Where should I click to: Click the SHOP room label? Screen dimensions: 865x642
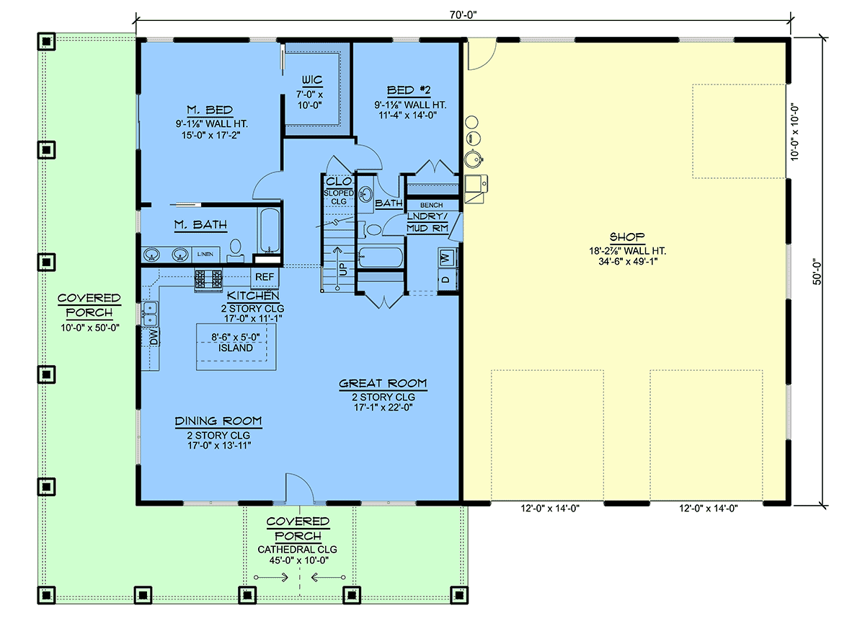point(626,237)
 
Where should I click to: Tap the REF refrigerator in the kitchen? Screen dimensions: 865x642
point(265,277)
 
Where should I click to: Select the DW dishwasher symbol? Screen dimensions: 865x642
point(154,336)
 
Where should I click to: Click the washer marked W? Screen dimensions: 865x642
point(446,258)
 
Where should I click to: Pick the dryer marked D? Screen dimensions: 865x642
point(446,279)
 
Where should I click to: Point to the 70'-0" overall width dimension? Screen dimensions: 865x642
point(463,15)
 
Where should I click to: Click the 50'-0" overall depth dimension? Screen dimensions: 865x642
point(817,273)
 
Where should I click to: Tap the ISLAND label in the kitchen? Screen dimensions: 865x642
point(235,348)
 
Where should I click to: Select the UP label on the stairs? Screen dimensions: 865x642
point(343,269)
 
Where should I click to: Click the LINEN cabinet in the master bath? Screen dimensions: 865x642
point(205,255)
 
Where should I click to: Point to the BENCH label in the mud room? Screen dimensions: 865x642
point(431,205)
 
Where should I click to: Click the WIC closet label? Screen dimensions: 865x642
point(312,80)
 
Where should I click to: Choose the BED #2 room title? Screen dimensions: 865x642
point(409,91)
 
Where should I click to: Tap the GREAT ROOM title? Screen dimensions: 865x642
point(383,384)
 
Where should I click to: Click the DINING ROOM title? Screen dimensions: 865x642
point(218,421)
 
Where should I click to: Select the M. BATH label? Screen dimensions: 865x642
point(200,225)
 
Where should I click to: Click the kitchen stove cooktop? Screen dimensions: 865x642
point(208,279)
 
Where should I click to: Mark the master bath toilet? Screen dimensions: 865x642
point(235,250)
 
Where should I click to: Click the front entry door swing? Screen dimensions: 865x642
point(300,487)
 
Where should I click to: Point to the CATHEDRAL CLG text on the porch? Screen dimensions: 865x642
point(297,550)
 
